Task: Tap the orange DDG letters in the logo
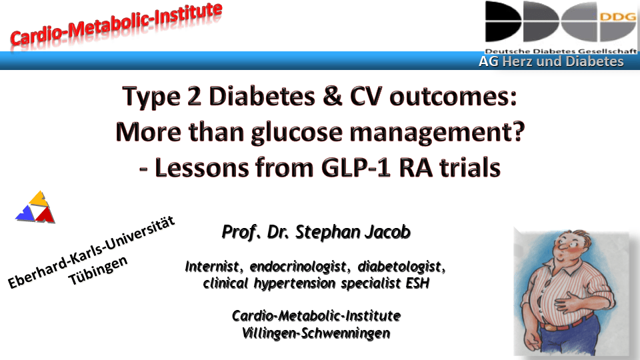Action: tap(618, 17)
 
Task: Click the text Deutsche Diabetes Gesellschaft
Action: tap(561, 51)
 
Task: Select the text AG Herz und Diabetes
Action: tap(551, 61)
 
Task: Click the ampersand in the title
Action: tap(332, 96)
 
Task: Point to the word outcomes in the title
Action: tap(453, 97)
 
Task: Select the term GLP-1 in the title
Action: tap(356, 167)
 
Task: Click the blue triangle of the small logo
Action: tap(25, 213)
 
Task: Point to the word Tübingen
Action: tap(98, 270)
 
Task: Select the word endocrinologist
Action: tap(297, 267)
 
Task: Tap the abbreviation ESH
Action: tap(417, 283)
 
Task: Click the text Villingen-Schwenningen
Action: tap(316, 333)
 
